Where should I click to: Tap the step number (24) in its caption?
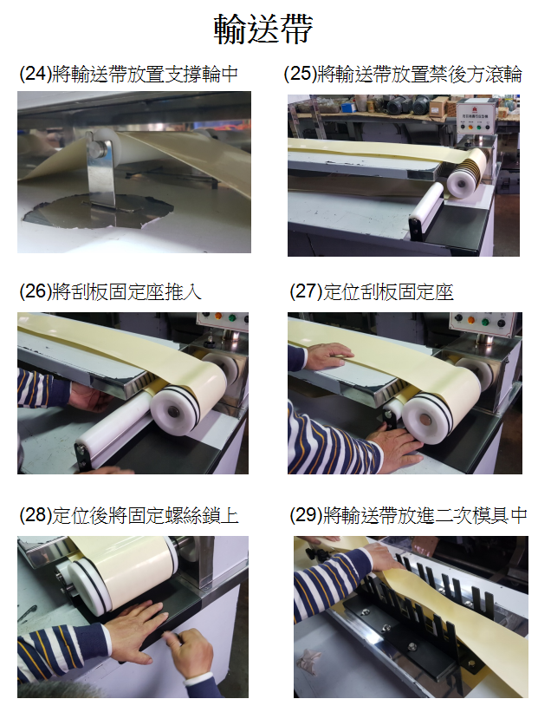click(x=36, y=74)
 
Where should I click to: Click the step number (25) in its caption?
click(x=300, y=74)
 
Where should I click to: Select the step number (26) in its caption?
click(x=36, y=291)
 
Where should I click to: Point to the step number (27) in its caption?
click(x=306, y=291)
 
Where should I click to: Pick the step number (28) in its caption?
click(x=36, y=515)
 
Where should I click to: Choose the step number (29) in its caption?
click(x=306, y=515)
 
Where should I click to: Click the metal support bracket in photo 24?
click(x=100, y=177)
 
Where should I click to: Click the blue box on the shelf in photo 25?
click(x=348, y=108)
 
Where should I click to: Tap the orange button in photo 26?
click(x=218, y=317)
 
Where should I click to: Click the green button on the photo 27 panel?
click(x=485, y=322)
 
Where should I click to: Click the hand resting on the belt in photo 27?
click(x=328, y=355)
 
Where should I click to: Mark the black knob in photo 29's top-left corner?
click(x=318, y=555)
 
